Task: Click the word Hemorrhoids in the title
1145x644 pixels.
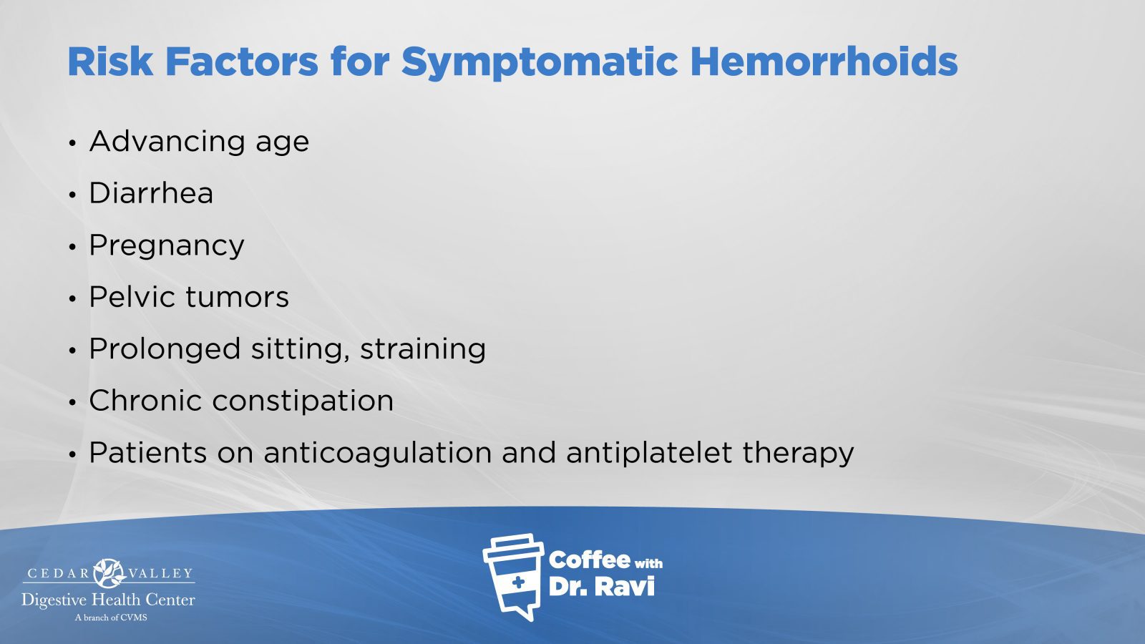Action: pos(824,62)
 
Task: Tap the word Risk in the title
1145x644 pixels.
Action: pos(110,62)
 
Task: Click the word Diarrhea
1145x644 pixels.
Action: pos(151,192)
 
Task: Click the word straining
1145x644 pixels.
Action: pos(423,350)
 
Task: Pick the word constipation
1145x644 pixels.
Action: pos(303,401)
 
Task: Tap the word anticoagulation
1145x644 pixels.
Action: pos(378,454)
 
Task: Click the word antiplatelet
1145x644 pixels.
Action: pos(649,454)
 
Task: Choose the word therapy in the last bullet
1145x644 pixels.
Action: pos(798,454)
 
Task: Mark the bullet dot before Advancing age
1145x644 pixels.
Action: pos(72,143)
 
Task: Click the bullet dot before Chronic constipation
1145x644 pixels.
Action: pos(72,402)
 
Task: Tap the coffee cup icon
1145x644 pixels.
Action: pos(512,577)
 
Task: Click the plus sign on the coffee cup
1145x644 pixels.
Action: pos(518,582)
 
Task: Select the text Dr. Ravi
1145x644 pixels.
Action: pos(601,587)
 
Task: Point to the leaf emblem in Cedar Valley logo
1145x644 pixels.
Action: pos(109,573)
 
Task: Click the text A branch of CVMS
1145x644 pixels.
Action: pos(111,618)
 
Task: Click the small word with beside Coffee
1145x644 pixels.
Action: pos(648,563)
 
